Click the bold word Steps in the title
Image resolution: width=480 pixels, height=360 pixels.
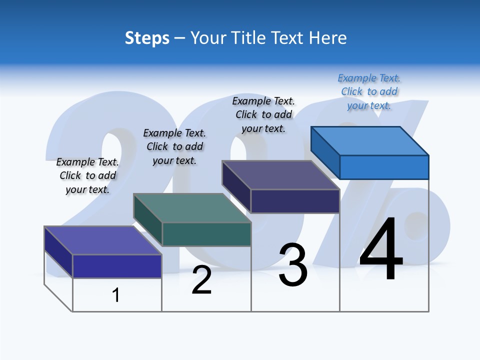click(147, 38)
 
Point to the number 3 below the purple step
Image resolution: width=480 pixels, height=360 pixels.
click(293, 265)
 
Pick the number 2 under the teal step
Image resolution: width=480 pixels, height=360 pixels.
click(201, 280)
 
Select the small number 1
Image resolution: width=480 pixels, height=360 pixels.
click(116, 295)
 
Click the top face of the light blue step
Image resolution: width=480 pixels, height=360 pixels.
click(370, 140)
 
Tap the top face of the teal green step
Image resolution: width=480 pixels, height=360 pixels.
click(192, 208)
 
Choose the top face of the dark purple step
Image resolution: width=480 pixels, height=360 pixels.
click(281, 175)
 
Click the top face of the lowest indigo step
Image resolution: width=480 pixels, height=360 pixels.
click(103, 240)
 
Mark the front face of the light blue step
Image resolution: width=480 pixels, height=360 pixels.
click(384, 167)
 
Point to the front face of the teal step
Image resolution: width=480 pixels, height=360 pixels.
click(206, 234)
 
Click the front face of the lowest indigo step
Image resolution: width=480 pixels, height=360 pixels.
click(117, 266)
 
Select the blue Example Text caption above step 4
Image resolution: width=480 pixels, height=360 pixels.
click(369, 91)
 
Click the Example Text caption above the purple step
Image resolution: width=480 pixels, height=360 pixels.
click(263, 114)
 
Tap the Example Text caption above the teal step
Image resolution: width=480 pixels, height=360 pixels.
click(174, 146)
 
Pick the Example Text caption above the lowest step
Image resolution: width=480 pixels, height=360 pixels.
click(87, 175)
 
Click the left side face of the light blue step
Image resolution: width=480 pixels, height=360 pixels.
click(325, 152)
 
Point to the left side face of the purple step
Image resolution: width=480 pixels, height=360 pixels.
click(236, 186)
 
